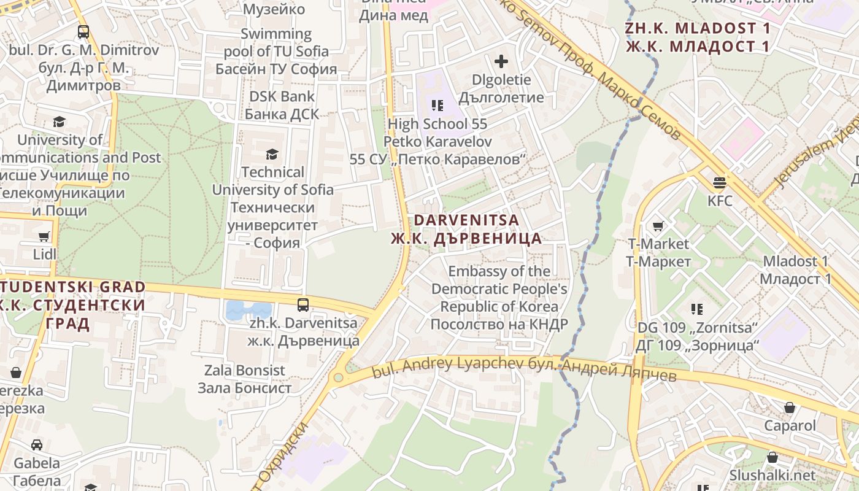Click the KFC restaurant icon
(x=720, y=182)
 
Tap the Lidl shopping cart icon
(x=44, y=236)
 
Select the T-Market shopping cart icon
(x=658, y=226)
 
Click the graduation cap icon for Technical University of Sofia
(x=272, y=154)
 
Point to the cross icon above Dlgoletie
(x=501, y=61)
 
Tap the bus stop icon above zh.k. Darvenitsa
(x=303, y=304)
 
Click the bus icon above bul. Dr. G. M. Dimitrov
(x=83, y=32)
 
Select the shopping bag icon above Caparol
(x=790, y=408)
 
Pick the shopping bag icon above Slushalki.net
(x=772, y=457)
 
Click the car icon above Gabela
(x=37, y=445)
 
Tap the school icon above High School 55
(x=437, y=106)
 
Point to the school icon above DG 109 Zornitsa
(x=697, y=309)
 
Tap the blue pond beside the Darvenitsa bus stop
(x=248, y=311)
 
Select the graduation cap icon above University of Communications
(x=59, y=122)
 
